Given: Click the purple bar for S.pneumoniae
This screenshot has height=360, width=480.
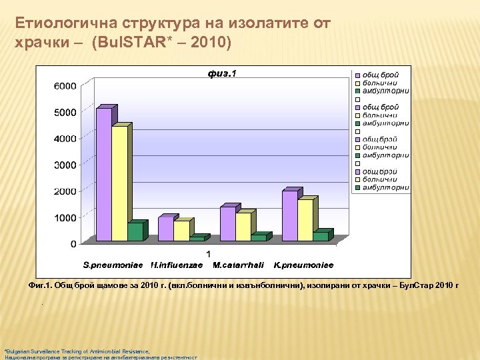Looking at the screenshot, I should point(103,173).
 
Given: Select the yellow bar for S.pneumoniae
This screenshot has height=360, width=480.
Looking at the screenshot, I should point(119,183).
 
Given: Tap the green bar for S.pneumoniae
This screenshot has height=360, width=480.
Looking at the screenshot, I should point(135,231).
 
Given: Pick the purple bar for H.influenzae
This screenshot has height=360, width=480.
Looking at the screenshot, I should point(165,229).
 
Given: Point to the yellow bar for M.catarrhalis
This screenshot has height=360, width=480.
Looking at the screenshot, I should point(243,227).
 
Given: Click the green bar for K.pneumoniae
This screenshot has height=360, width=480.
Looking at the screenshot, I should point(320,236).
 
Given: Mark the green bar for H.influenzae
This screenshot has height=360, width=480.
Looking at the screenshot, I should point(197,238).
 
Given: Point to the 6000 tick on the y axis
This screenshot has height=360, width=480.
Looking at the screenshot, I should point(64,86).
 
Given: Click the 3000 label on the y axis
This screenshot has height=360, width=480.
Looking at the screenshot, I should point(64,165).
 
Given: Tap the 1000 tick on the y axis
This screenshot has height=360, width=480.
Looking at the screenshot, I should point(64,218).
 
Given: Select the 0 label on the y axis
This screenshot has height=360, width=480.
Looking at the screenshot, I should point(73,245).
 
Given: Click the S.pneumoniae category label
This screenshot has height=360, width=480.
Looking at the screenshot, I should point(113,265).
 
